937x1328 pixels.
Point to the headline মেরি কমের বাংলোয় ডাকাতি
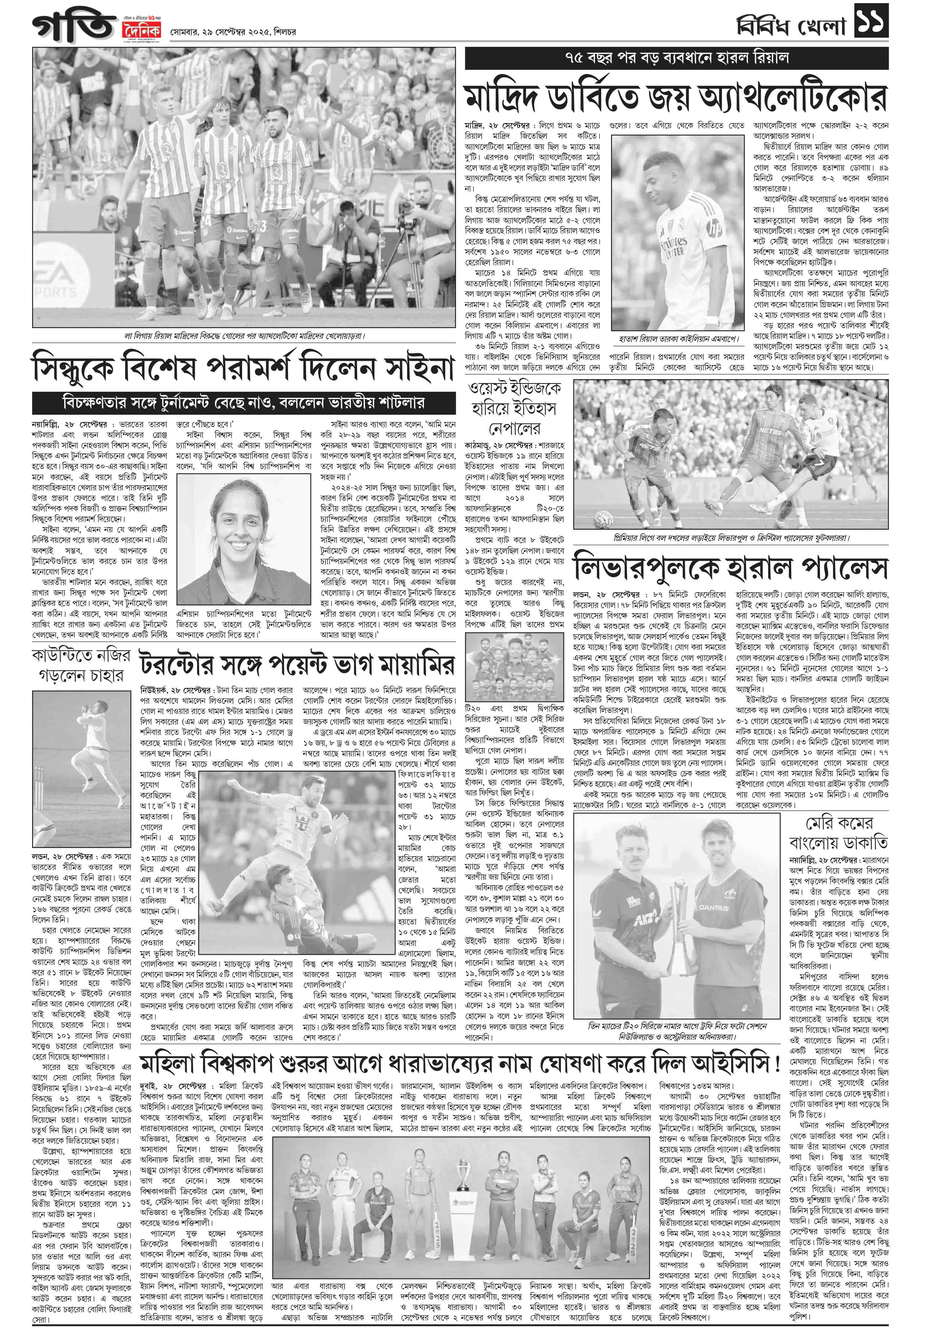tap(839, 833)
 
